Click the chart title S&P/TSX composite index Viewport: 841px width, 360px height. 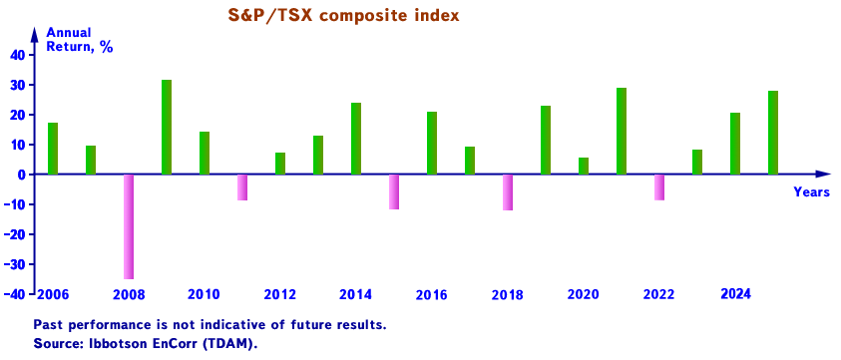tap(343, 16)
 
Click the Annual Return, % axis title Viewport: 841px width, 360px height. tap(80, 40)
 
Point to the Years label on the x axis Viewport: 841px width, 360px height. tap(811, 191)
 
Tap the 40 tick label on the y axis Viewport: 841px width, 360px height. tap(17, 55)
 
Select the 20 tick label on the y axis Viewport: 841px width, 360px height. tap(17, 115)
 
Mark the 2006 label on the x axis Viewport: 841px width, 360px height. tap(52, 294)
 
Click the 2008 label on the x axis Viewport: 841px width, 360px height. tap(129, 294)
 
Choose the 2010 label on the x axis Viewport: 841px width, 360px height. tap(204, 294)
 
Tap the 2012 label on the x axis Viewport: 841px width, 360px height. tap(280, 294)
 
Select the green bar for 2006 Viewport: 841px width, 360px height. tap(53, 149)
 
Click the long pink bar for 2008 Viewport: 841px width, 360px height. tap(129, 226)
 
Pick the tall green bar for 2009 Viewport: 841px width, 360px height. tap(167, 127)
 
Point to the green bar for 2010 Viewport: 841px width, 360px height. tap(205, 153)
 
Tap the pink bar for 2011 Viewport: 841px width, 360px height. tap(242, 187)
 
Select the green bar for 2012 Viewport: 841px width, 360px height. tap(280, 164)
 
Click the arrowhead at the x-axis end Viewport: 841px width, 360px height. tap(823, 175)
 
